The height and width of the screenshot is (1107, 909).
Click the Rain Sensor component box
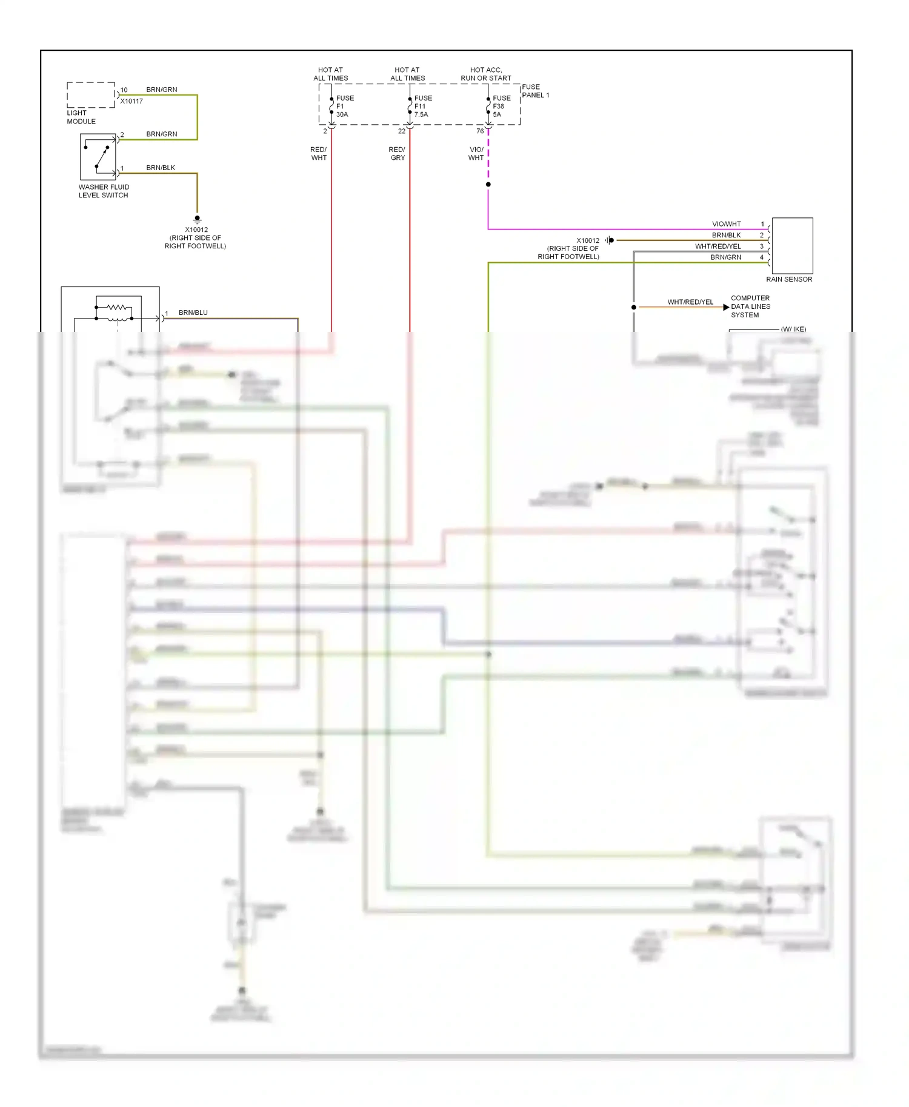click(x=792, y=245)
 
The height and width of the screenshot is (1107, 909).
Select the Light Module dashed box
click(x=91, y=95)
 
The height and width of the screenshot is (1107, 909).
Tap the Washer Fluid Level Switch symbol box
click(x=98, y=156)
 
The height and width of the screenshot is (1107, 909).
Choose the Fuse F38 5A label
click(x=501, y=106)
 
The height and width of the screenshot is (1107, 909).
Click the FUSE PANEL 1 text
click(x=535, y=91)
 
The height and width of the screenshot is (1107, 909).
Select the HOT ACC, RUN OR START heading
click(x=485, y=74)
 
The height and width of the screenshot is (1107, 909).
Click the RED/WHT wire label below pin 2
click(x=319, y=153)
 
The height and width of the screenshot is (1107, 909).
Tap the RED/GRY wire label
click(x=397, y=153)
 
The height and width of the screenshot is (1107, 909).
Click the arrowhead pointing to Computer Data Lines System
click(x=726, y=307)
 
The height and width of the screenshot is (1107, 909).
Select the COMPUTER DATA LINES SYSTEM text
click(x=750, y=306)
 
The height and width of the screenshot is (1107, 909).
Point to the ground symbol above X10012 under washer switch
click(x=197, y=219)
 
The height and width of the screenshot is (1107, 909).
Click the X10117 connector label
click(x=132, y=101)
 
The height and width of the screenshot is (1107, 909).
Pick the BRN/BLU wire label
click(x=193, y=312)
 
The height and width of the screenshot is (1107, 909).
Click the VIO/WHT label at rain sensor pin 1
click(x=726, y=224)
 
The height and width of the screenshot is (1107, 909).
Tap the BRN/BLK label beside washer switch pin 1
click(x=161, y=168)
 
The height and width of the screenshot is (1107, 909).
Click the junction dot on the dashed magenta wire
click(x=488, y=184)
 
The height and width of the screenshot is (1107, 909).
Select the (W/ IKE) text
click(x=793, y=329)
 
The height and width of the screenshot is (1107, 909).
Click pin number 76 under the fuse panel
click(x=480, y=131)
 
